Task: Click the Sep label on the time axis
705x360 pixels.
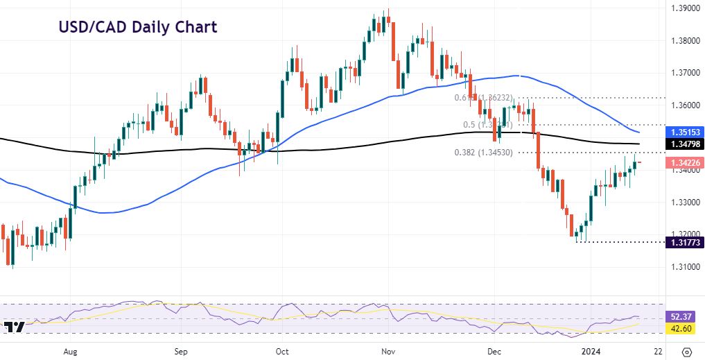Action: click(181, 352)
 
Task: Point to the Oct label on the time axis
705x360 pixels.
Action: click(281, 352)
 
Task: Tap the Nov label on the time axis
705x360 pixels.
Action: click(388, 352)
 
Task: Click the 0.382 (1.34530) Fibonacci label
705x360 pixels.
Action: click(484, 152)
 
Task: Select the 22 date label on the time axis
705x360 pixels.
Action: click(656, 352)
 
